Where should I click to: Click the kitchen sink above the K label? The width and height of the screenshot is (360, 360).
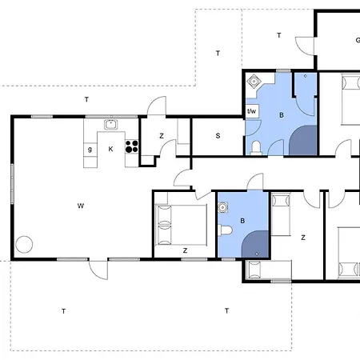110,124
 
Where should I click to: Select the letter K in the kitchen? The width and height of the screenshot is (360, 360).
111,149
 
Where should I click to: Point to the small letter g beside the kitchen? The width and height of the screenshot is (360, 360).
90,149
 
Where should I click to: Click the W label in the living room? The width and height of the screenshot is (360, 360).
81,206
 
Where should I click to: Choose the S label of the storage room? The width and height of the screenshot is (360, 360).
218,136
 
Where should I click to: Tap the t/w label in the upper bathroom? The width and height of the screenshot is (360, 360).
251,111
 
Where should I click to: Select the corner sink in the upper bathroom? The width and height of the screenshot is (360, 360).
255,82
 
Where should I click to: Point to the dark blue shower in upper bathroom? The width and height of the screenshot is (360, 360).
302,141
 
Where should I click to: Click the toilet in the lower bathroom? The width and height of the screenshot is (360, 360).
227,231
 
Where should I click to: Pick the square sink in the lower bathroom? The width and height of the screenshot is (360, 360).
223,207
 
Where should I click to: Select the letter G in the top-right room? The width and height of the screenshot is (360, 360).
356,40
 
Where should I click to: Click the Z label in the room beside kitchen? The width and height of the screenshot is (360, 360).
162,136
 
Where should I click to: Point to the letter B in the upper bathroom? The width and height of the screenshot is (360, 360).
281,115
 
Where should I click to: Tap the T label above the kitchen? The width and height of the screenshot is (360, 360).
86,99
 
